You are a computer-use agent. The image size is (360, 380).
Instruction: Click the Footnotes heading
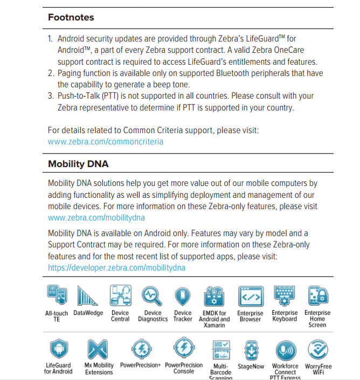[x=71, y=17]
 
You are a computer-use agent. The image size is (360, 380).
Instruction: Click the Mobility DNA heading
[x=78, y=164]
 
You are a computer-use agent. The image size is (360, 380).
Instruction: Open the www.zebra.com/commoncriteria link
[x=106, y=142]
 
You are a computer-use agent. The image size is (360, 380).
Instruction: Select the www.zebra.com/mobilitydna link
[x=96, y=218]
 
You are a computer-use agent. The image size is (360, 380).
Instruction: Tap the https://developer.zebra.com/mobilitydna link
[x=117, y=267]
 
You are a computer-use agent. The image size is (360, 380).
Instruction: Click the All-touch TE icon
[x=57, y=296]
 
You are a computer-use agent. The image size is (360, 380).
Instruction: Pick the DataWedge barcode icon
[x=88, y=296]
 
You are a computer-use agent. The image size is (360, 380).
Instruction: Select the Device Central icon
[x=120, y=296]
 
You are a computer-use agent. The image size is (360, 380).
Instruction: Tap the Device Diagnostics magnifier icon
[x=153, y=296]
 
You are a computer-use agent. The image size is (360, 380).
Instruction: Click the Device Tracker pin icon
[x=183, y=296]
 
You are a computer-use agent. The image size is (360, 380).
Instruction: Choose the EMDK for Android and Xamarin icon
[x=214, y=296]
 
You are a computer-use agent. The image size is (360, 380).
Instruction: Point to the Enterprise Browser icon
[x=251, y=296]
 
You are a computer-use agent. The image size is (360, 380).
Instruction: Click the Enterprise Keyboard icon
[x=285, y=296]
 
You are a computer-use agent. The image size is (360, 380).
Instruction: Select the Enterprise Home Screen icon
[x=317, y=296]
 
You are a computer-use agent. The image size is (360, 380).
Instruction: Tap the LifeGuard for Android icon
[x=58, y=349]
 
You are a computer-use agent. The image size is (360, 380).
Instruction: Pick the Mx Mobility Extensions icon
[x=99, y=349]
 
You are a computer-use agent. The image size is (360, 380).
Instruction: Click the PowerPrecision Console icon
[x=183, y=349]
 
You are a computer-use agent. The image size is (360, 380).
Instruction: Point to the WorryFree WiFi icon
[x=318, y=349]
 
